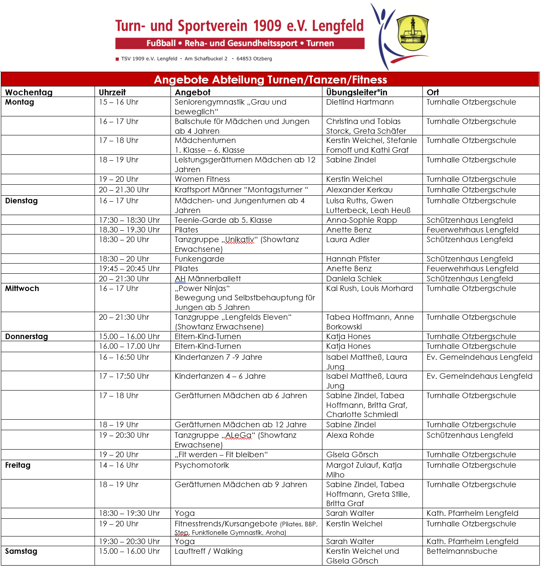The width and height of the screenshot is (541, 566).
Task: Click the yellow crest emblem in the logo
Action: [413, 33]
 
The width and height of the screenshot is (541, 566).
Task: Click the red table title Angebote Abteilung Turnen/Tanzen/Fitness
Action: [270, 80]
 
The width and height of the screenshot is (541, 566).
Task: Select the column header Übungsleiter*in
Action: [357, 92]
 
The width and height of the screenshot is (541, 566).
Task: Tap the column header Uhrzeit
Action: [112, 92]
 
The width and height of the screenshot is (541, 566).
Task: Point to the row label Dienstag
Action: [22, 201]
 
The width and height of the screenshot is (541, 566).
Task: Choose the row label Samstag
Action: [21, 551]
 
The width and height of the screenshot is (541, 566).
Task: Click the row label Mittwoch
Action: [22, 288]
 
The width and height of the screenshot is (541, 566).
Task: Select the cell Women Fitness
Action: [202, 179]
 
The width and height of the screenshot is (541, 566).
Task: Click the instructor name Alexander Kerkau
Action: [359, 190]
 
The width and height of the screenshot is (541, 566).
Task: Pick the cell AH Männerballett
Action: [208, 279]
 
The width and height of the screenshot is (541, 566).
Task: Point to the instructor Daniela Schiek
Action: [354, 279]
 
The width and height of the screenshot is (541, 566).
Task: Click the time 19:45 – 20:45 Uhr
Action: [129, 269]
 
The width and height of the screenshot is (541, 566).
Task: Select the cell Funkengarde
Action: [200, 259]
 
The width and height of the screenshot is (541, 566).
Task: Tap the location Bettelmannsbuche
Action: [462, 551]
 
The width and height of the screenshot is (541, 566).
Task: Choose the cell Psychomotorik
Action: [202, 465]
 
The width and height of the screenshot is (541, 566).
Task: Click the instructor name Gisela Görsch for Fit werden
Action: [352, 455]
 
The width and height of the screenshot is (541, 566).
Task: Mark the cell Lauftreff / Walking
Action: [208, 551]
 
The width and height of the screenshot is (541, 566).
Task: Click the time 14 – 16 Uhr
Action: [119, 465]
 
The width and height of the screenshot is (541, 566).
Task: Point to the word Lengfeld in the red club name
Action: [338, 26]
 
